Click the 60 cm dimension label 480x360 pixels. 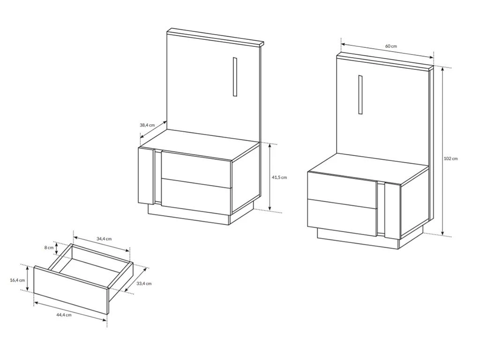[x=391, y=46]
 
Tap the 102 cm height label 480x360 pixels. [x=450, y=158]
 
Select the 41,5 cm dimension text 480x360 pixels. [x=279, y=177]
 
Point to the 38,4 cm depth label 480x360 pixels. [x=147, y=125]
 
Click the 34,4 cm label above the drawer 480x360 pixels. [x=104, y=239]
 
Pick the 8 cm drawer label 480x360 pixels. [x=49, y=247]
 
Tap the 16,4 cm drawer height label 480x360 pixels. [x=17, y=280]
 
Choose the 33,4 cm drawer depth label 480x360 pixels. [x=144, y=284]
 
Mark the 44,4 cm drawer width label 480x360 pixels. [x=64, y=315]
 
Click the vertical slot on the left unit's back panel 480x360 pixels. [x=235, y=76]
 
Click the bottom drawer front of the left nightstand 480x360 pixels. [x=196, y=196]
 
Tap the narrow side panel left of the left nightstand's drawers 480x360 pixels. [x=146, y=175]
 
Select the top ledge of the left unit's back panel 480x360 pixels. [x=215, y=37]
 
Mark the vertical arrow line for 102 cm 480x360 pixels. [x=442, y=151]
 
